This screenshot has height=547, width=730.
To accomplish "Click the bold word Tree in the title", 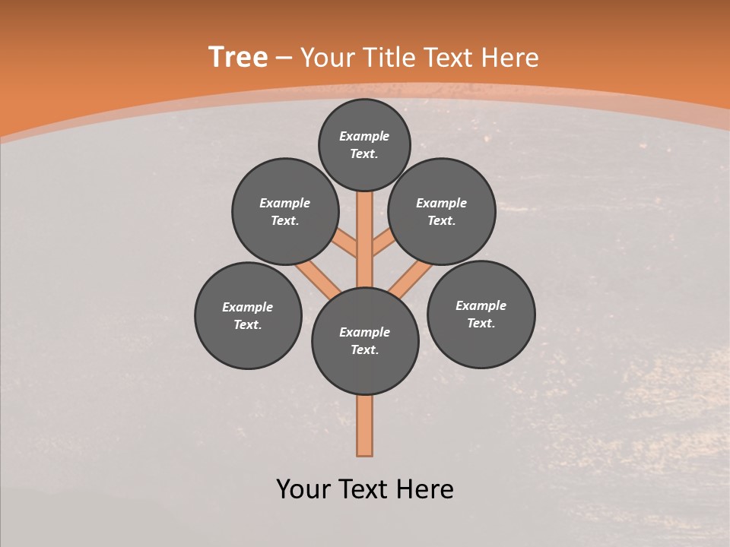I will click(238, 58).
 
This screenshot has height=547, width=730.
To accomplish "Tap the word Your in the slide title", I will click(328, 58).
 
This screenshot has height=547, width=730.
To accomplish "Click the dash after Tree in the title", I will click(284, 58).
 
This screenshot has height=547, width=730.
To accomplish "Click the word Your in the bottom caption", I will click(303, 489).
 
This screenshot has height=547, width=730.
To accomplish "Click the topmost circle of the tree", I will click(364, 144).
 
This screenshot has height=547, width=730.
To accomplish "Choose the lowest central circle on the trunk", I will click(365, 341).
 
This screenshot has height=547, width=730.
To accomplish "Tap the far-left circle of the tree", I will click(248, 316).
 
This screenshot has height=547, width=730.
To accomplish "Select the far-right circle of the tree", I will click(481, 315).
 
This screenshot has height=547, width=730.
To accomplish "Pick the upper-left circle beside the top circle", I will click(285, 212).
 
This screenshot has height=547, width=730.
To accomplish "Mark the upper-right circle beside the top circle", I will click(442, 212).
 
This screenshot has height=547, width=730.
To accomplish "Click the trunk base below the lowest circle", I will click(365, 425).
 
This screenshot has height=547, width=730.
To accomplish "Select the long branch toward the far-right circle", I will click(411, 277).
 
